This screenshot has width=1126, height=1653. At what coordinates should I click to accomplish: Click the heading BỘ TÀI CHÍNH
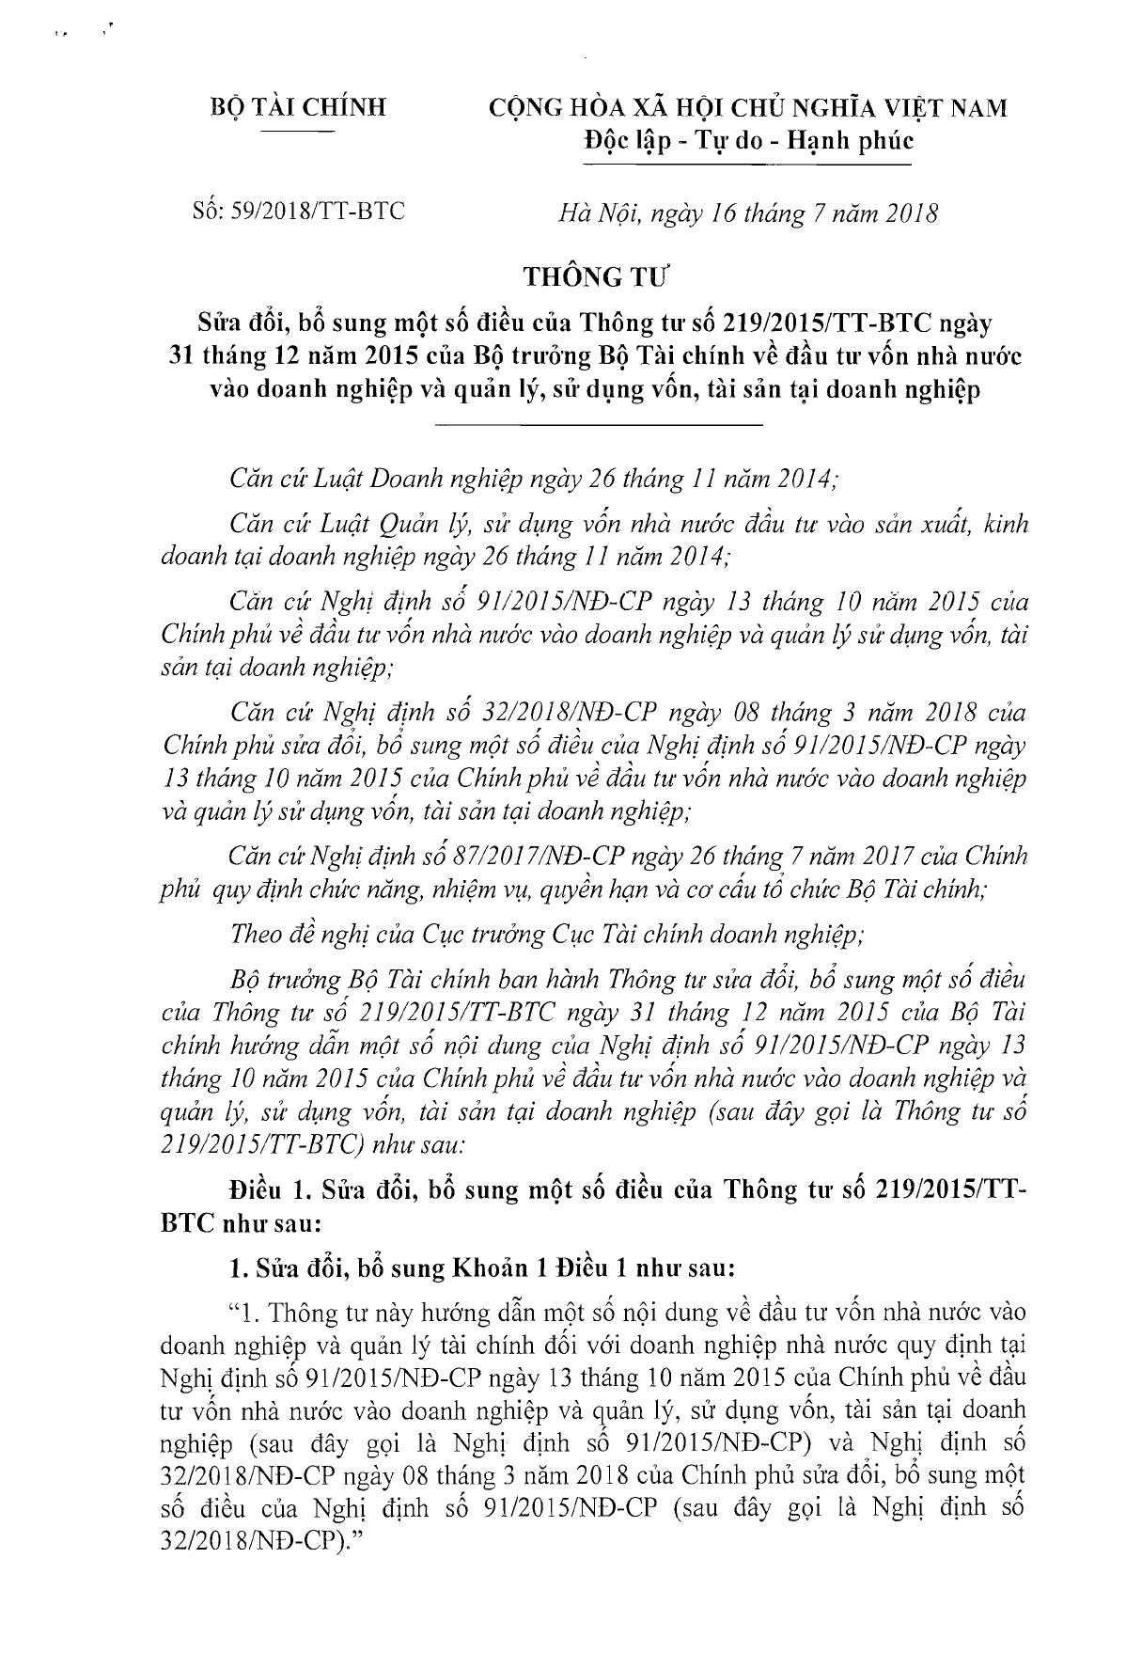coord(297,108)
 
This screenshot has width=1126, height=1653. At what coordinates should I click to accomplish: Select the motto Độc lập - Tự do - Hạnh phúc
coord(749,142)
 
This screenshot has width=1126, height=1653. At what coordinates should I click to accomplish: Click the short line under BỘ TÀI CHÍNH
coord(297,134)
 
